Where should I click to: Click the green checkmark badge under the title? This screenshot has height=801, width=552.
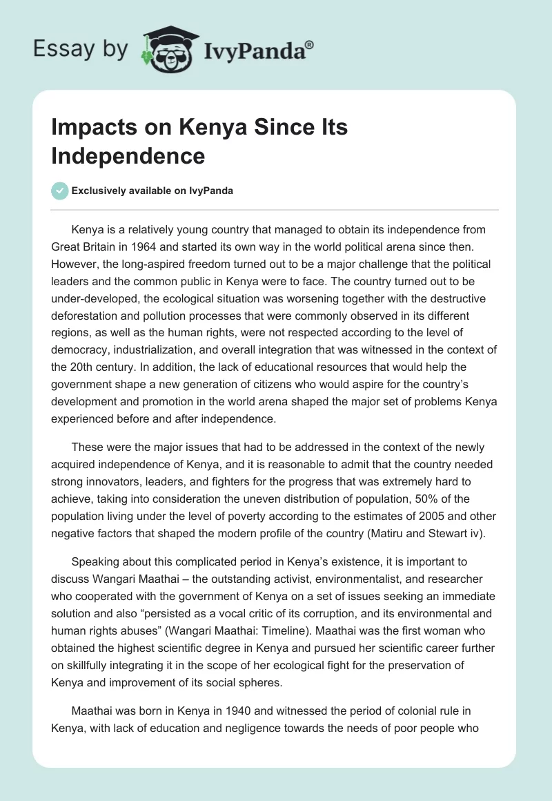coord(60,191)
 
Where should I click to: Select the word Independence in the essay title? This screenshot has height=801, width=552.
coord(128,156)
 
